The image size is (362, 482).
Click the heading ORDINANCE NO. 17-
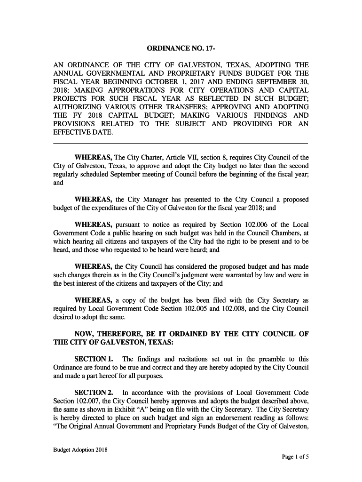pos(181,49)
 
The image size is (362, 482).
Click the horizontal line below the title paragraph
pos(181,143)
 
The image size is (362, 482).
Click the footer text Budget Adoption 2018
pos(80,450)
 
